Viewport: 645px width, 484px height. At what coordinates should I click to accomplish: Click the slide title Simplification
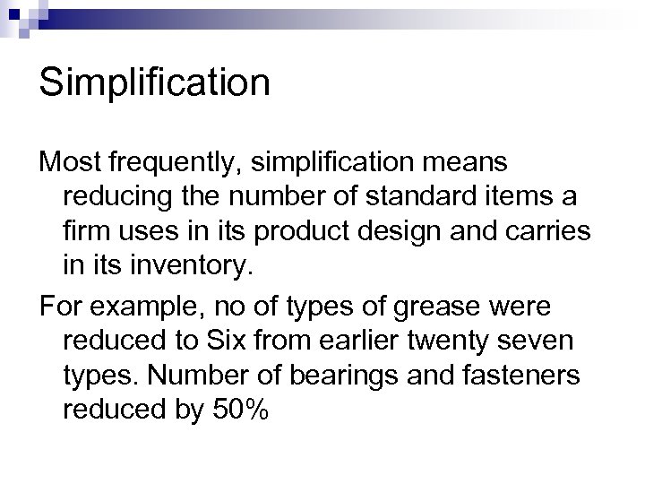pyautogui.click(x=154, y=83)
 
